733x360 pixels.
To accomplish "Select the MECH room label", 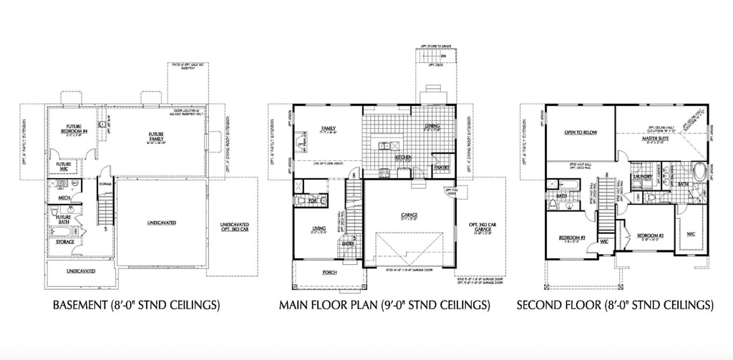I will point(63,198).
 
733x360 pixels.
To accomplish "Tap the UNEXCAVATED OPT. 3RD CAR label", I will point(236,228).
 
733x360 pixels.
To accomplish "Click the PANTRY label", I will point(441,167).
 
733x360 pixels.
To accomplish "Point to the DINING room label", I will point(431,127).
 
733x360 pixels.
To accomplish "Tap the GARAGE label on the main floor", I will point(409,215).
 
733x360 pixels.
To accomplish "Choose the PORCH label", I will point(330,272).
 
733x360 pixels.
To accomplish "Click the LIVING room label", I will point(319,229).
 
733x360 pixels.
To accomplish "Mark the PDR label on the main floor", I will point(312,202).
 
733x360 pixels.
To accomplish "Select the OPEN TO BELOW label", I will point(580,132).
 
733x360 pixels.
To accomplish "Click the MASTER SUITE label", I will point(655,139).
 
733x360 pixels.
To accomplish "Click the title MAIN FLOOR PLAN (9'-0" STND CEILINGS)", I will point(384,306).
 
